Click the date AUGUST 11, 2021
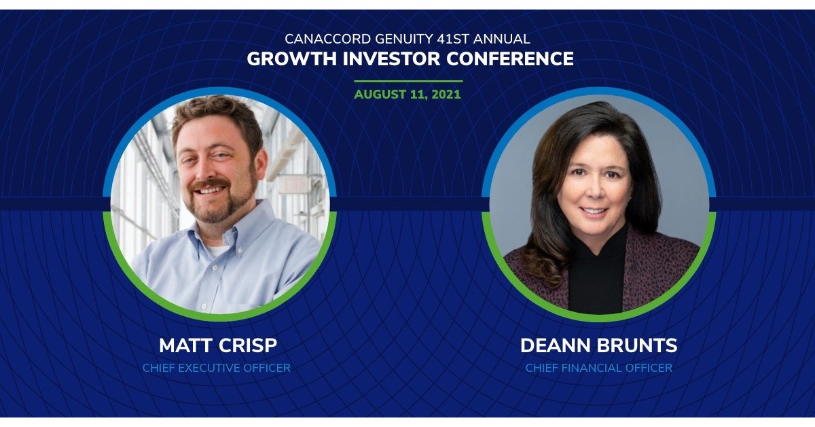(407, 95)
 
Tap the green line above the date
(407, 82)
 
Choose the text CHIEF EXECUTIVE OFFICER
(217, 368)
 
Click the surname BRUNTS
(638, 345)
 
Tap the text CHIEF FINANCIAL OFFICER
(598, 368)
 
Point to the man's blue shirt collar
(251, 235)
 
